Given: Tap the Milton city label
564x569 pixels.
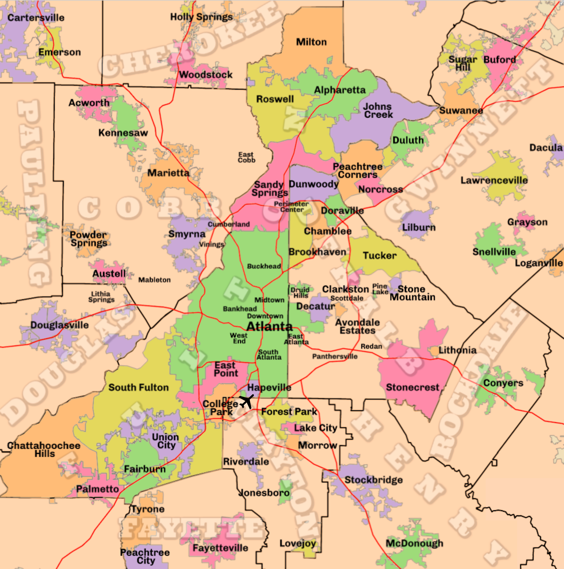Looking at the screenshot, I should coord(311,42).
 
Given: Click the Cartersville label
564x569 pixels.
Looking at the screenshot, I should coord(36,18).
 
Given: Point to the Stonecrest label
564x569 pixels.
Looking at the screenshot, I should coord(412,387).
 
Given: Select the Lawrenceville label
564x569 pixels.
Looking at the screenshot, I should coord(494,180).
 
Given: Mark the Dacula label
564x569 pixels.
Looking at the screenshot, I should coord(546,148).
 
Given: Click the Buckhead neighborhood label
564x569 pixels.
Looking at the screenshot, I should coord(264,266).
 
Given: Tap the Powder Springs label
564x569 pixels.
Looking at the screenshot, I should coord(89,239).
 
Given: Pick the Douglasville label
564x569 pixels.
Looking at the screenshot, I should coord(60,325).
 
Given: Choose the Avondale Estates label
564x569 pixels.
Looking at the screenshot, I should coord(357,326).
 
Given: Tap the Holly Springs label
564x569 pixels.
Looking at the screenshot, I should coord(202,17).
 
